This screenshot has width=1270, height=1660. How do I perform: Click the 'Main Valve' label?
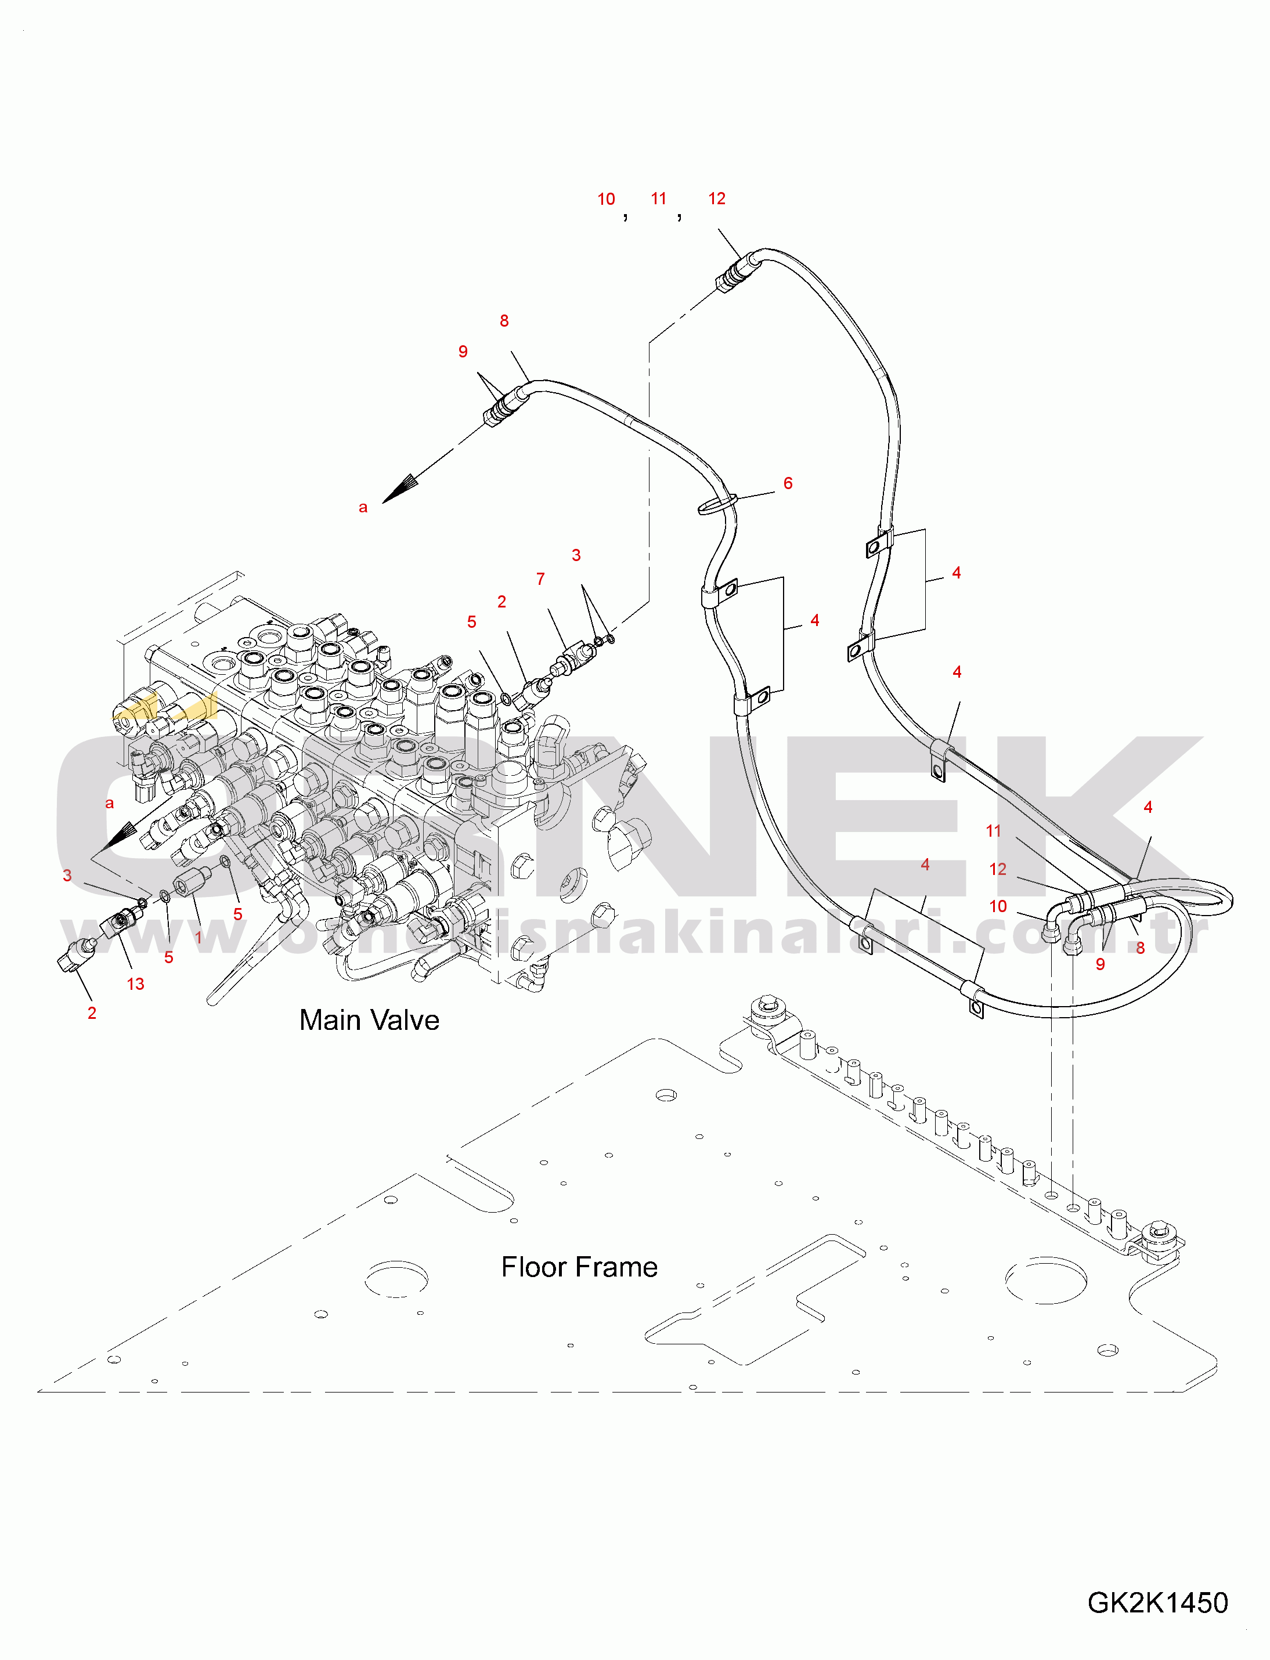(369, 1020)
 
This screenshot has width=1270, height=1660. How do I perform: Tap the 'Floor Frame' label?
(579, 1267)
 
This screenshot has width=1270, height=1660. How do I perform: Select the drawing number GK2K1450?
(1157, 1603)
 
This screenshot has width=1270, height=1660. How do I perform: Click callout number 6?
(788, 483)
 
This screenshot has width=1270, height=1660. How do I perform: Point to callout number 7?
(540, 579)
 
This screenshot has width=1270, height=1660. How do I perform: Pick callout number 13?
(135, 984)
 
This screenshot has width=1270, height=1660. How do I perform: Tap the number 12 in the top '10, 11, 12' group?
(717, 198)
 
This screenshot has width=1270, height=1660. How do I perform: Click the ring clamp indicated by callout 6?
(717, 503)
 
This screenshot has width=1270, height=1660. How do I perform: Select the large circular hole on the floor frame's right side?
(1046, 1280)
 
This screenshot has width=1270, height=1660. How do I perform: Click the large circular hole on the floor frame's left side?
(396, 1278)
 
